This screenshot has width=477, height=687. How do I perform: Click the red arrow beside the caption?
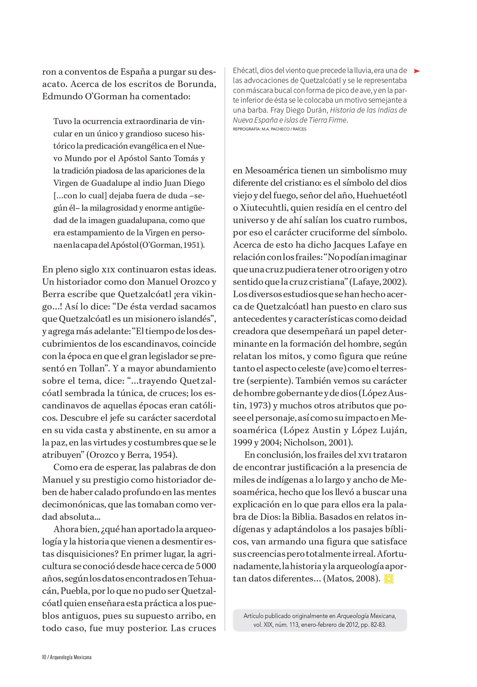417,71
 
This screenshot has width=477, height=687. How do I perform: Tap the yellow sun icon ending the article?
389,579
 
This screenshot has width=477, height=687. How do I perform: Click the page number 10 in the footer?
44,657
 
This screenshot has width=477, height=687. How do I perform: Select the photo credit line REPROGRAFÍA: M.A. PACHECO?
270,129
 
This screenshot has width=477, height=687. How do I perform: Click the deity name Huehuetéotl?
382,195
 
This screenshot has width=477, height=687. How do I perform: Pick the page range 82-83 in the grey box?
376,625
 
